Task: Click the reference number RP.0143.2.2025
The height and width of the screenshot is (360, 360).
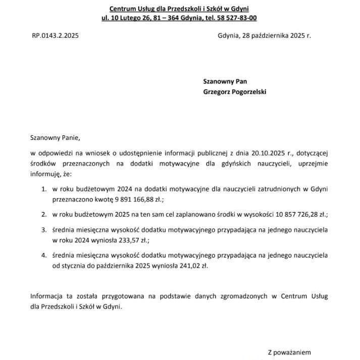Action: tap(55, 36)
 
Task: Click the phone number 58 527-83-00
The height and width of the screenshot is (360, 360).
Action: tap(236, 18)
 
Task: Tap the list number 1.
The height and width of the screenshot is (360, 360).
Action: tap(44, 189)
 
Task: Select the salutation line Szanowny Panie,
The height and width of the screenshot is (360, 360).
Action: tap(55, 137)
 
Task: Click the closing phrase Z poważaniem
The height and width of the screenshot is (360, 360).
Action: tap(289, 352)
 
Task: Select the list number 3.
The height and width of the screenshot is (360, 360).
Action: tap(44, 230)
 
